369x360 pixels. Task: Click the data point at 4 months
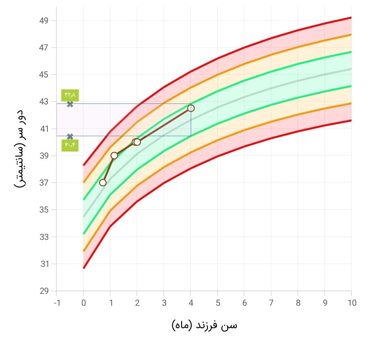[x=191, y=108]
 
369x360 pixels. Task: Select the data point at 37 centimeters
[x=102, y=183]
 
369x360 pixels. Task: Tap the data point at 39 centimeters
[x=114, y=156]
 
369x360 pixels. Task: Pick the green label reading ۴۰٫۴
[x=70, y=145]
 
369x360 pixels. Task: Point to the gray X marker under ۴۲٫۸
[x=70, y=104]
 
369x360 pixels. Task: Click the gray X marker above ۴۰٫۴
[x=70, y=137]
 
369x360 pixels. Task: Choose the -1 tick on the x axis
[x=57, y=303]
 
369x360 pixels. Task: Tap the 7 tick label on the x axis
[x=271, y=303]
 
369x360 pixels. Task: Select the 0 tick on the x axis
[x=83, y=303]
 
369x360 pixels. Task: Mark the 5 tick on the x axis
[x=217, y=303]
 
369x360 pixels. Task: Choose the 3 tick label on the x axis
[x=164, y=303]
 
